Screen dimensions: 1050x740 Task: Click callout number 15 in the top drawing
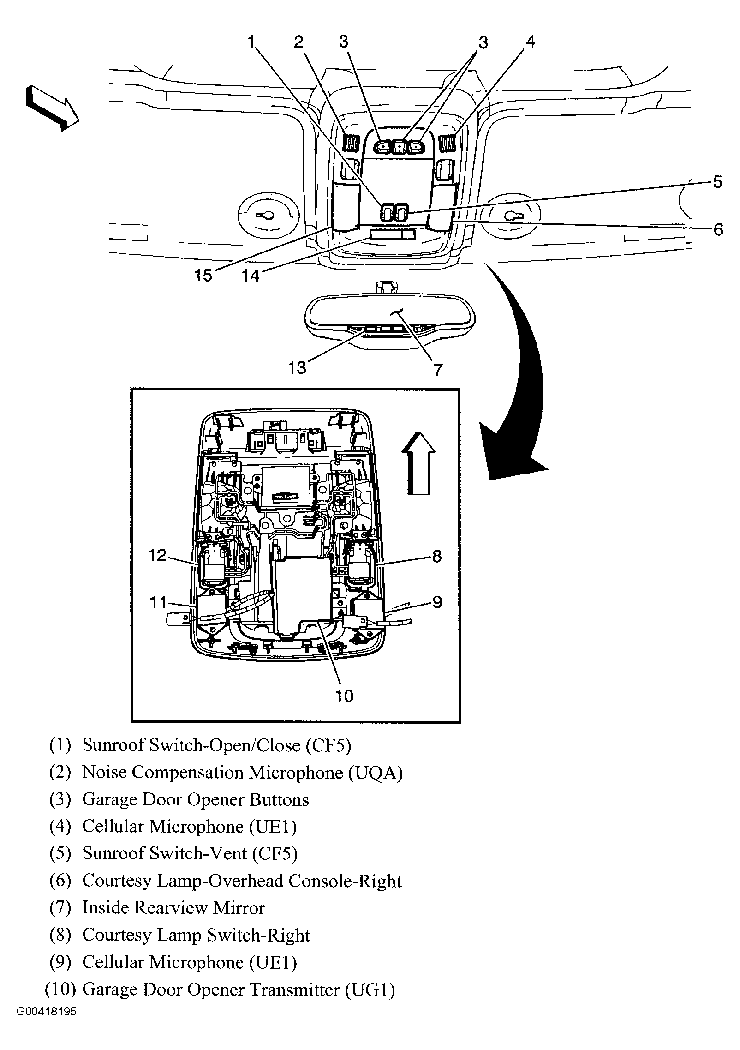tap(203, 276)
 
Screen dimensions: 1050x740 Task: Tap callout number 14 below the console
tap(251, 276)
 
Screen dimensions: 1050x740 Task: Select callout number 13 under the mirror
tap(297, 368)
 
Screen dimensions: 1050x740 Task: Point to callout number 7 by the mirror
tap(437, 369)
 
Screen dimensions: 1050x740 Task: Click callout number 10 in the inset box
tap(344, 696)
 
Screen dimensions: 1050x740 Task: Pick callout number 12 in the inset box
tap(157, 555)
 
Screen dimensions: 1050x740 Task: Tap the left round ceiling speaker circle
tap(268, 215)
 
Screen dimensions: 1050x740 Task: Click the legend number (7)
tap(60, 908)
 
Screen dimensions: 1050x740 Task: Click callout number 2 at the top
tap(299, 42)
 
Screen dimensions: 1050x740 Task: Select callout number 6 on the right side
tap(718, 229)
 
